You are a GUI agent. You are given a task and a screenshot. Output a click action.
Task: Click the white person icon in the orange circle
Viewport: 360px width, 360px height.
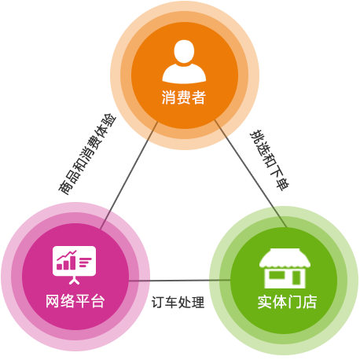(x=184, y=61)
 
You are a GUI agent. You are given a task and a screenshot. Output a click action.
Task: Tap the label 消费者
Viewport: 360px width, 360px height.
(x=184, y=97)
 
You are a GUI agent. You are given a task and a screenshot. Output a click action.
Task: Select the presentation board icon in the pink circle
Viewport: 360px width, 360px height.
(x=74, y=265)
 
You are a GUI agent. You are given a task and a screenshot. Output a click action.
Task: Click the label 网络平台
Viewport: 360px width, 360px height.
(x=75, y=301)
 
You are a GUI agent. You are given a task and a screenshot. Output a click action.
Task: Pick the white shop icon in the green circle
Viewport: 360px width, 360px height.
(x=285, y=268)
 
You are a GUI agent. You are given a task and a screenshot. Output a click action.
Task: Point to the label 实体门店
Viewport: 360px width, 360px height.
(x=287, y=302)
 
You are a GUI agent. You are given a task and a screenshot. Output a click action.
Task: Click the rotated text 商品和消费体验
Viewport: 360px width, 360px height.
(x=87, y=154)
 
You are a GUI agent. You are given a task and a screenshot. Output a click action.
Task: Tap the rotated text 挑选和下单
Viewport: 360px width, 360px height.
(x=270, y=160)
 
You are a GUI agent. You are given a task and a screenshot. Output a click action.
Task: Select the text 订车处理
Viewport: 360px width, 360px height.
(x=178, y=302)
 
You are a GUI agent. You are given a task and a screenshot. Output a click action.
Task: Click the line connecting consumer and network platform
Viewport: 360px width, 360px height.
(x=129, y=175)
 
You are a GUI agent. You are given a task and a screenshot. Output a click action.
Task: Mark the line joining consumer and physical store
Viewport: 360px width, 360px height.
(x=251, y=174)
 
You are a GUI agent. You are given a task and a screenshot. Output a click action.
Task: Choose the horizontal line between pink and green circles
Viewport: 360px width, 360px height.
(x=180, y=281)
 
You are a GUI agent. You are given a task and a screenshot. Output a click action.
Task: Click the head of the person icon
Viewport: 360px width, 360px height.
(x=184, y=51)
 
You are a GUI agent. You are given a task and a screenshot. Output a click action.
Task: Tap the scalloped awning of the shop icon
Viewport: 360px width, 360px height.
(x=285, y=258)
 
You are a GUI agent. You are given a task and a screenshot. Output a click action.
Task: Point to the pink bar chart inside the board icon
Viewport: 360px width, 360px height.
(x=66, y=260)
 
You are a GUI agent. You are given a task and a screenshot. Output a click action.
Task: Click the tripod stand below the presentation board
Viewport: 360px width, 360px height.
(x=74, y=281)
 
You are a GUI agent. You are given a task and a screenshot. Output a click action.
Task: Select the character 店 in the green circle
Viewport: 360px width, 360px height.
(x=310, y=302)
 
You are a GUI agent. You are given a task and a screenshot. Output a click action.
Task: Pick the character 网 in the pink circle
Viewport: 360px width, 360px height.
(x=53, y=301)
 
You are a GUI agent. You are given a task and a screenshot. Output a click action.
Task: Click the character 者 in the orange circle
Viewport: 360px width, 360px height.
(x=199, y=97)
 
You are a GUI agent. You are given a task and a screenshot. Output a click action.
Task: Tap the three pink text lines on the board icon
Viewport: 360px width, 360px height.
(x=86, y=263)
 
